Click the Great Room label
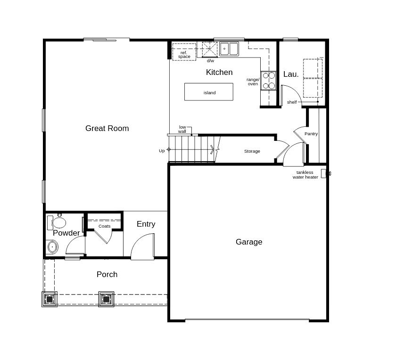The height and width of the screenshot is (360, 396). click(x=107, y=128)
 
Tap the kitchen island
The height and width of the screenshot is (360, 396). click(x=208, y=92)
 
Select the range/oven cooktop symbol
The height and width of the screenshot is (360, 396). click(x=268, y=81)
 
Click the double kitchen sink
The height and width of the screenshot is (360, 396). click(x=229, y=49)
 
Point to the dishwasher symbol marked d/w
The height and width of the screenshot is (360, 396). click(x=210, y=49)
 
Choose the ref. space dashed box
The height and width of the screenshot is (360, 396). click(x=184, y=52)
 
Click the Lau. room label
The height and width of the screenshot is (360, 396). click(x=291, y=74)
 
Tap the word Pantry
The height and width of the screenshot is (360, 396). click(x=311, y=134)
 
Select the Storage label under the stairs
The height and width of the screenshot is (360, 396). click(x=252, y=151)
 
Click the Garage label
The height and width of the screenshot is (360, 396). click(x=249, y=242)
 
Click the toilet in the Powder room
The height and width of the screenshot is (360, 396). click(x=57, y=222)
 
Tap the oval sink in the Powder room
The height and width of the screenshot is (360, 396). click(x=52, y=246)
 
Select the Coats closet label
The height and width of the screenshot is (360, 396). click(x=104, y=226)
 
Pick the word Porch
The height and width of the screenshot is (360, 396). click(x=107, y=274)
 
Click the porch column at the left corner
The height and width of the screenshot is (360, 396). click(x=49, y=299)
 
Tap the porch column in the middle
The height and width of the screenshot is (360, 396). click(x=106, y=299)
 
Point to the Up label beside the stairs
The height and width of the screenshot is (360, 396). click(x=162, y=151)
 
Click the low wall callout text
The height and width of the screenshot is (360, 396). click(x=182, y=129)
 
